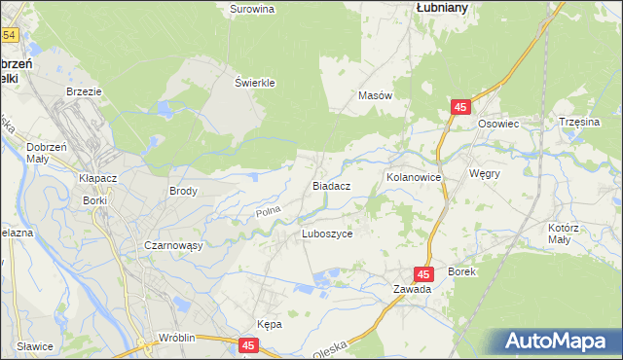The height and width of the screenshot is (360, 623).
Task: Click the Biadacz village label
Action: coord(331,184)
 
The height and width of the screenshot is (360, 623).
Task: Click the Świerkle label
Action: coord(256,83)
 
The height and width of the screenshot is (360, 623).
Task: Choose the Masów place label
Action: coord(375,96)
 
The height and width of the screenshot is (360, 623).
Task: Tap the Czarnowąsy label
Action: coord(173,246)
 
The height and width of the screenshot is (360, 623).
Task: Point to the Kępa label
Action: coord(269,324)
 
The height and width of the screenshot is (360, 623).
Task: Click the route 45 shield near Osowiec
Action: coord(461,107)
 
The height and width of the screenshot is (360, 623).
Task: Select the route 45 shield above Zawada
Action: coord(423,275)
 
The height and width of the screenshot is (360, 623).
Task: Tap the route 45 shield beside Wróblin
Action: coord(249,344)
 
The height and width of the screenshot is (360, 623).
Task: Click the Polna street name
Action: coord(267,211)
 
